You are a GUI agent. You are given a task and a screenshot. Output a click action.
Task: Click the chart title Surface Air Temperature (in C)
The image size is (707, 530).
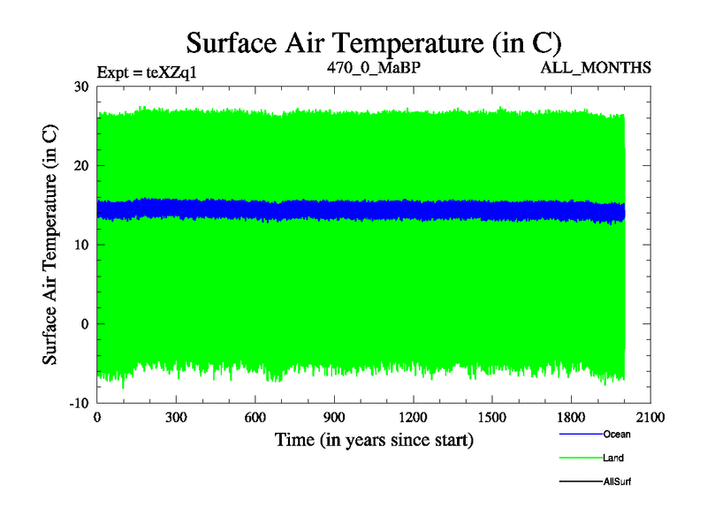point(374,42)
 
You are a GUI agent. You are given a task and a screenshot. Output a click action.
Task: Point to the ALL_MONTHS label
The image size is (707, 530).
point(597,67)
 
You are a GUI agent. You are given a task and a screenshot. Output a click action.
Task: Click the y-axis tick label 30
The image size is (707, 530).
point(81,87)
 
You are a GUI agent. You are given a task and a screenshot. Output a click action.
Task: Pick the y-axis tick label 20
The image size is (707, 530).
point(81,165)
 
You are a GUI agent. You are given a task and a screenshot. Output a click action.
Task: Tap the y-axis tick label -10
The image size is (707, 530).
point(79,403)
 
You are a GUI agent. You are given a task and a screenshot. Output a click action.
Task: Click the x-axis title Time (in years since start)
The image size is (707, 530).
point(374,439)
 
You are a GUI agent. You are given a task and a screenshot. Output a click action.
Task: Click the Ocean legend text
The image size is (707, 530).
point(617,435)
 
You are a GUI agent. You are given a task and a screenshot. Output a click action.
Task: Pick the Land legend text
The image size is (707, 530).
point(614,458)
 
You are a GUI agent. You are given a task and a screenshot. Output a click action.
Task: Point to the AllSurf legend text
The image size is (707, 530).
point(617,481)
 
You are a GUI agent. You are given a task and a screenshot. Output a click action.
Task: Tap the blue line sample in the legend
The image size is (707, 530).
point(581,434)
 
